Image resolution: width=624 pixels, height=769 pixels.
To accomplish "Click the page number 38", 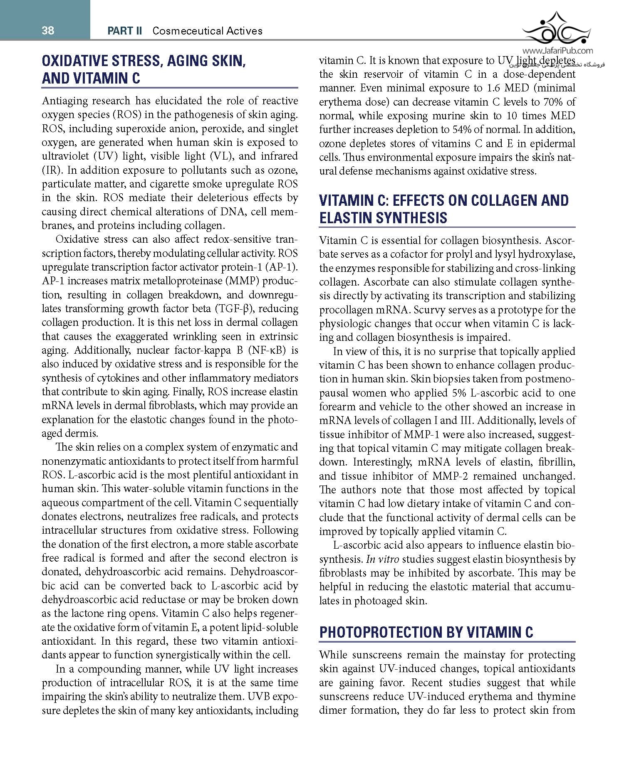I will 48,30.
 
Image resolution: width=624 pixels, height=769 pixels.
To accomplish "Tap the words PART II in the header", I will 125,31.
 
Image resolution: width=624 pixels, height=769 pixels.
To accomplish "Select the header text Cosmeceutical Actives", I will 208,31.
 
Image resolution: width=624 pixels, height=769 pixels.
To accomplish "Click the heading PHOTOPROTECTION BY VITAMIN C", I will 426,632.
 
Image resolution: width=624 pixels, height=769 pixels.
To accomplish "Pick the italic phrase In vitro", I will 377,559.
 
